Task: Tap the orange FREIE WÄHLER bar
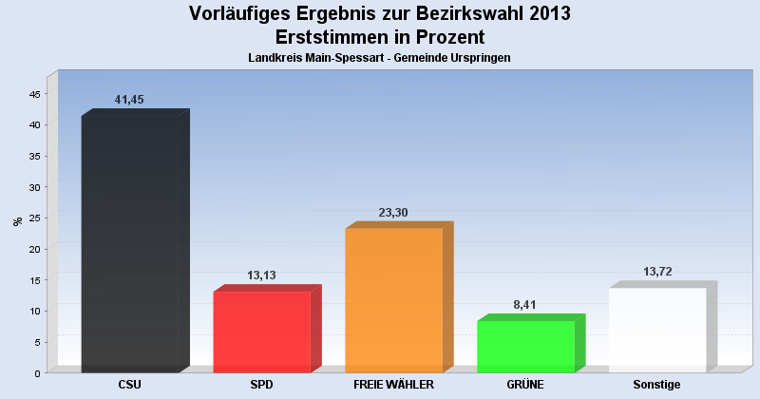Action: [x=394, y=299]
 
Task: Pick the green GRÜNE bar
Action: [x=525, y=346]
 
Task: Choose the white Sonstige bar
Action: [x=657, y=329]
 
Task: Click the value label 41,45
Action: [x=129, y=100]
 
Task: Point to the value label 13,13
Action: [x=261, y=275]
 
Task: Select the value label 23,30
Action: [x=393, y=213]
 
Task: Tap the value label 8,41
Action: [x=525, y=304]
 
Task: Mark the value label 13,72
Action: [x=657, y=272]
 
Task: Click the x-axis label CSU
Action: [x=130, y=385]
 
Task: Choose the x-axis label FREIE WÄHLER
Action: [x=393, y=385]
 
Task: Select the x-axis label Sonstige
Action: [x=657, y=385]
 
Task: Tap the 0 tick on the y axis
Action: [x=37, y=372]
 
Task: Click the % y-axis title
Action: [x=17, y=221]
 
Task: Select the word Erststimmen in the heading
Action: [x=330, y=37]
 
